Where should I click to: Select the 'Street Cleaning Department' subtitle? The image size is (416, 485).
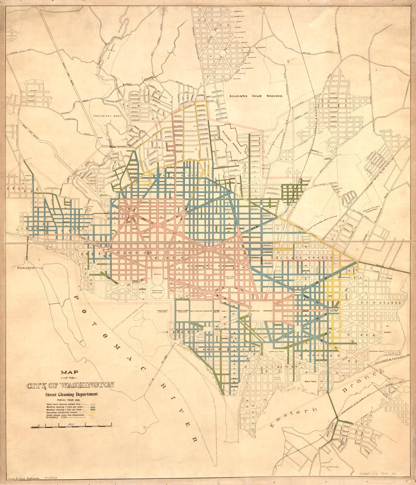click(x=71, y=394)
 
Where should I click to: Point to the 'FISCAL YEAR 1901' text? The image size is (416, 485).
click(x=70, y=400)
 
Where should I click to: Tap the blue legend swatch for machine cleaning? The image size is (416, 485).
click(x=93, y=407)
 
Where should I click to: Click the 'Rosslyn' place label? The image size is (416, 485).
click(x=25, y=267)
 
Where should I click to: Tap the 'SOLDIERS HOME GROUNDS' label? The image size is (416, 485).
click(x=256, y=96)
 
